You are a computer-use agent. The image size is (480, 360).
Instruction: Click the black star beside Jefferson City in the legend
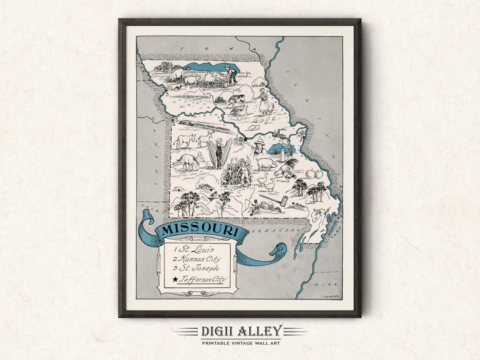[x=175, y=279]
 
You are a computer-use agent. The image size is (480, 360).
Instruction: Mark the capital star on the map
[x=245, y=140]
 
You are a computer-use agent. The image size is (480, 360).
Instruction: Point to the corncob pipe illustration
[x=275, y=200]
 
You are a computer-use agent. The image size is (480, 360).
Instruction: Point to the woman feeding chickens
[x=264, y=101]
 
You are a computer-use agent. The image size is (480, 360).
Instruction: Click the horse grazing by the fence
[x=188, y=162]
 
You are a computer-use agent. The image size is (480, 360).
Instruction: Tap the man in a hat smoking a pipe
[x=258, y=148]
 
